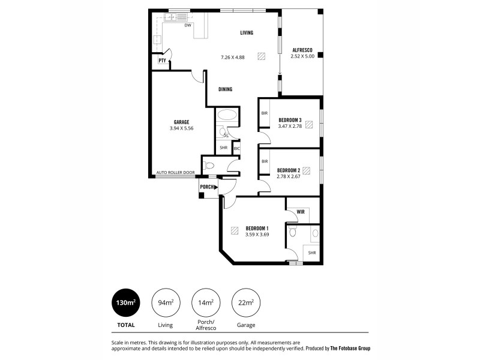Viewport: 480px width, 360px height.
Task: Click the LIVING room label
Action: (247, 32)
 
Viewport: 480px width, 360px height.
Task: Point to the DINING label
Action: (225, 89)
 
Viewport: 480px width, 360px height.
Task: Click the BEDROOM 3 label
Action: (290, 119)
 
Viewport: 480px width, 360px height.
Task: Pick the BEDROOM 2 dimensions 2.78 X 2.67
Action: (288, 176)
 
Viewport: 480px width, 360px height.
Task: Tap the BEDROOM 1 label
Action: (257, 228)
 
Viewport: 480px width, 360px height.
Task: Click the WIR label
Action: (301, 212)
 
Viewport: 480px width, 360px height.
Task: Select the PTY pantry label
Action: (162, 61)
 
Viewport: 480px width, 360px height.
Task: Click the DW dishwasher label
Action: (188, 26)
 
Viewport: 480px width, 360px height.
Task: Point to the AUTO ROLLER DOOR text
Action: (175, 173)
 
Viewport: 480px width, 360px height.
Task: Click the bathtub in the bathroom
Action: (227, 115)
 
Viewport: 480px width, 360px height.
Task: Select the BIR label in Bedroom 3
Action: (264, 113)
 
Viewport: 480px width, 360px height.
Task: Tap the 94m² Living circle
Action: (165, 303)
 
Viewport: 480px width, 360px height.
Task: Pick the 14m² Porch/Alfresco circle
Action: (205, 303)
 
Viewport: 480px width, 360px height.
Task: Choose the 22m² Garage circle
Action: (245, 303)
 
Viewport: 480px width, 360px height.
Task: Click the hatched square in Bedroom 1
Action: (233, 230)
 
